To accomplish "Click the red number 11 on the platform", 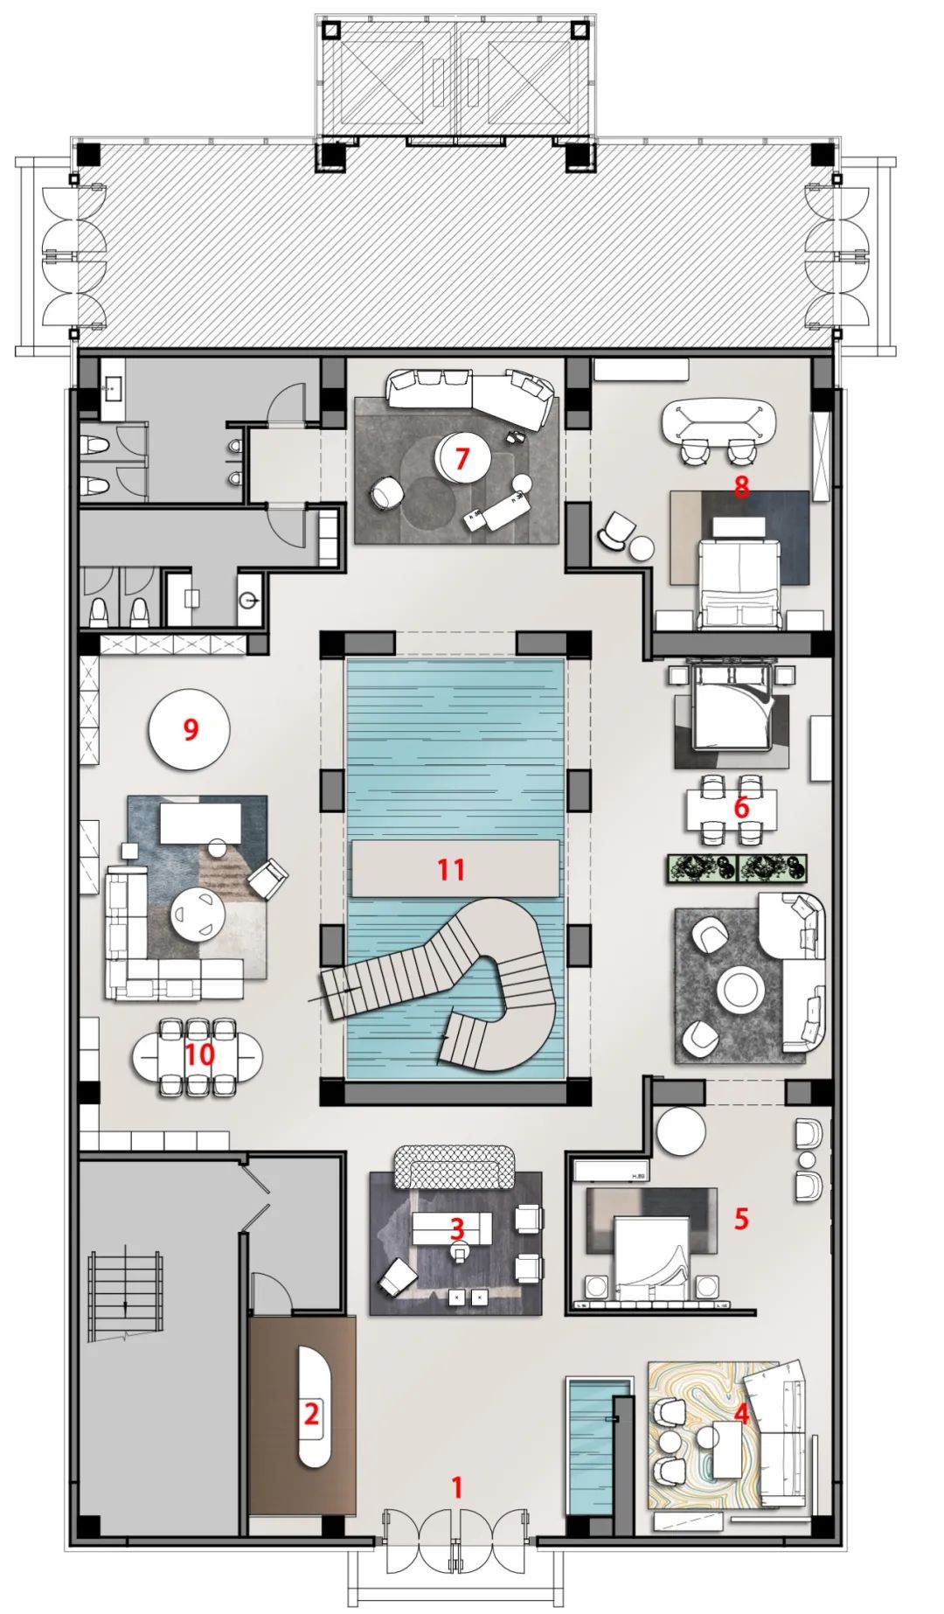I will click(x=451, y=869).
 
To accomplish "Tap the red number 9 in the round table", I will click(x=191, y=729).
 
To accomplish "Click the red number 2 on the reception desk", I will click(x=311, y=1413).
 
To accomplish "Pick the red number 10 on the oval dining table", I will click(x=199, y=1054).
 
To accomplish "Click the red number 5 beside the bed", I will click(x=741, y=1218).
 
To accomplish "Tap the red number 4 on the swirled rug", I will click(x=741, y=1414).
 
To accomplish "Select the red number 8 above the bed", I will click(x=741, y=486).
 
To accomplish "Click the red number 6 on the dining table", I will click(x=741, y=807).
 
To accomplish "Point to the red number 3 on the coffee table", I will click(x=456, y=1228).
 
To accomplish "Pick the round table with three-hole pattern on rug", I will click(x=198, y=915).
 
